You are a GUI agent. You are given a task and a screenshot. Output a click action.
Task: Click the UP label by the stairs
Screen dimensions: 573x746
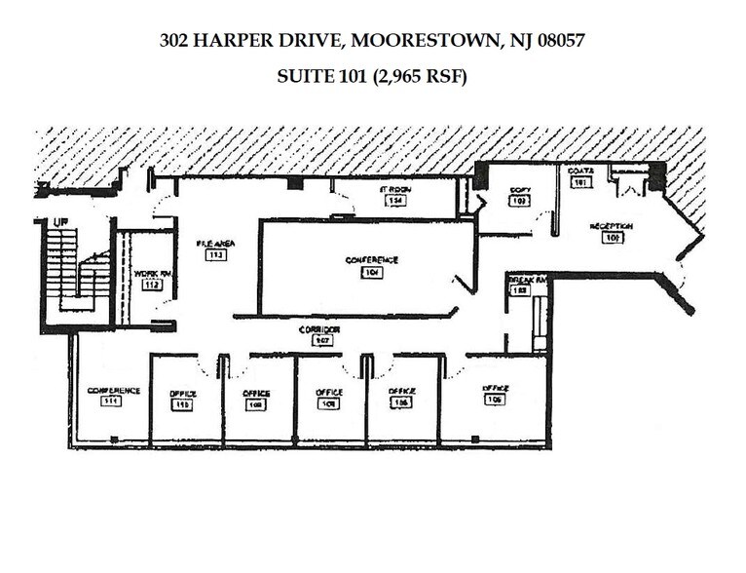tap(60, 221)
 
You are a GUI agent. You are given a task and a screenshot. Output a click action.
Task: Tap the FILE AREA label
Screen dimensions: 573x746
tap(215, 244)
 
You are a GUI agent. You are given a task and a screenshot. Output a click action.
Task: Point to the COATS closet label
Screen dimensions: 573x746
tap(580, 170)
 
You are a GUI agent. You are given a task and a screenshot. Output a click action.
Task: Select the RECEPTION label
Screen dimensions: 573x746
tap(612, 225)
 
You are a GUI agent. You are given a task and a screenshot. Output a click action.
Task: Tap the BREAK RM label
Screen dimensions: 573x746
tap(528, 280)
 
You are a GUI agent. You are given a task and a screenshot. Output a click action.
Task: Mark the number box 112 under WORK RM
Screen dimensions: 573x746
tap(151, 286)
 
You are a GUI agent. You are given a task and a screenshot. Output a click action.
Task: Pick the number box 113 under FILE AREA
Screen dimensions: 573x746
tap(215, 255)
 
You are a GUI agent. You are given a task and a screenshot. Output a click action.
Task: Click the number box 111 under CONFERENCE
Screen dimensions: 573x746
tap(113, 401)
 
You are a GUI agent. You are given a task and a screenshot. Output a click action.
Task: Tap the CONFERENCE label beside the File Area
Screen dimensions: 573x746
tap(372, 260)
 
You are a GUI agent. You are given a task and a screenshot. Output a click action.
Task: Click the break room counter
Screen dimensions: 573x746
tap(539, 322)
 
